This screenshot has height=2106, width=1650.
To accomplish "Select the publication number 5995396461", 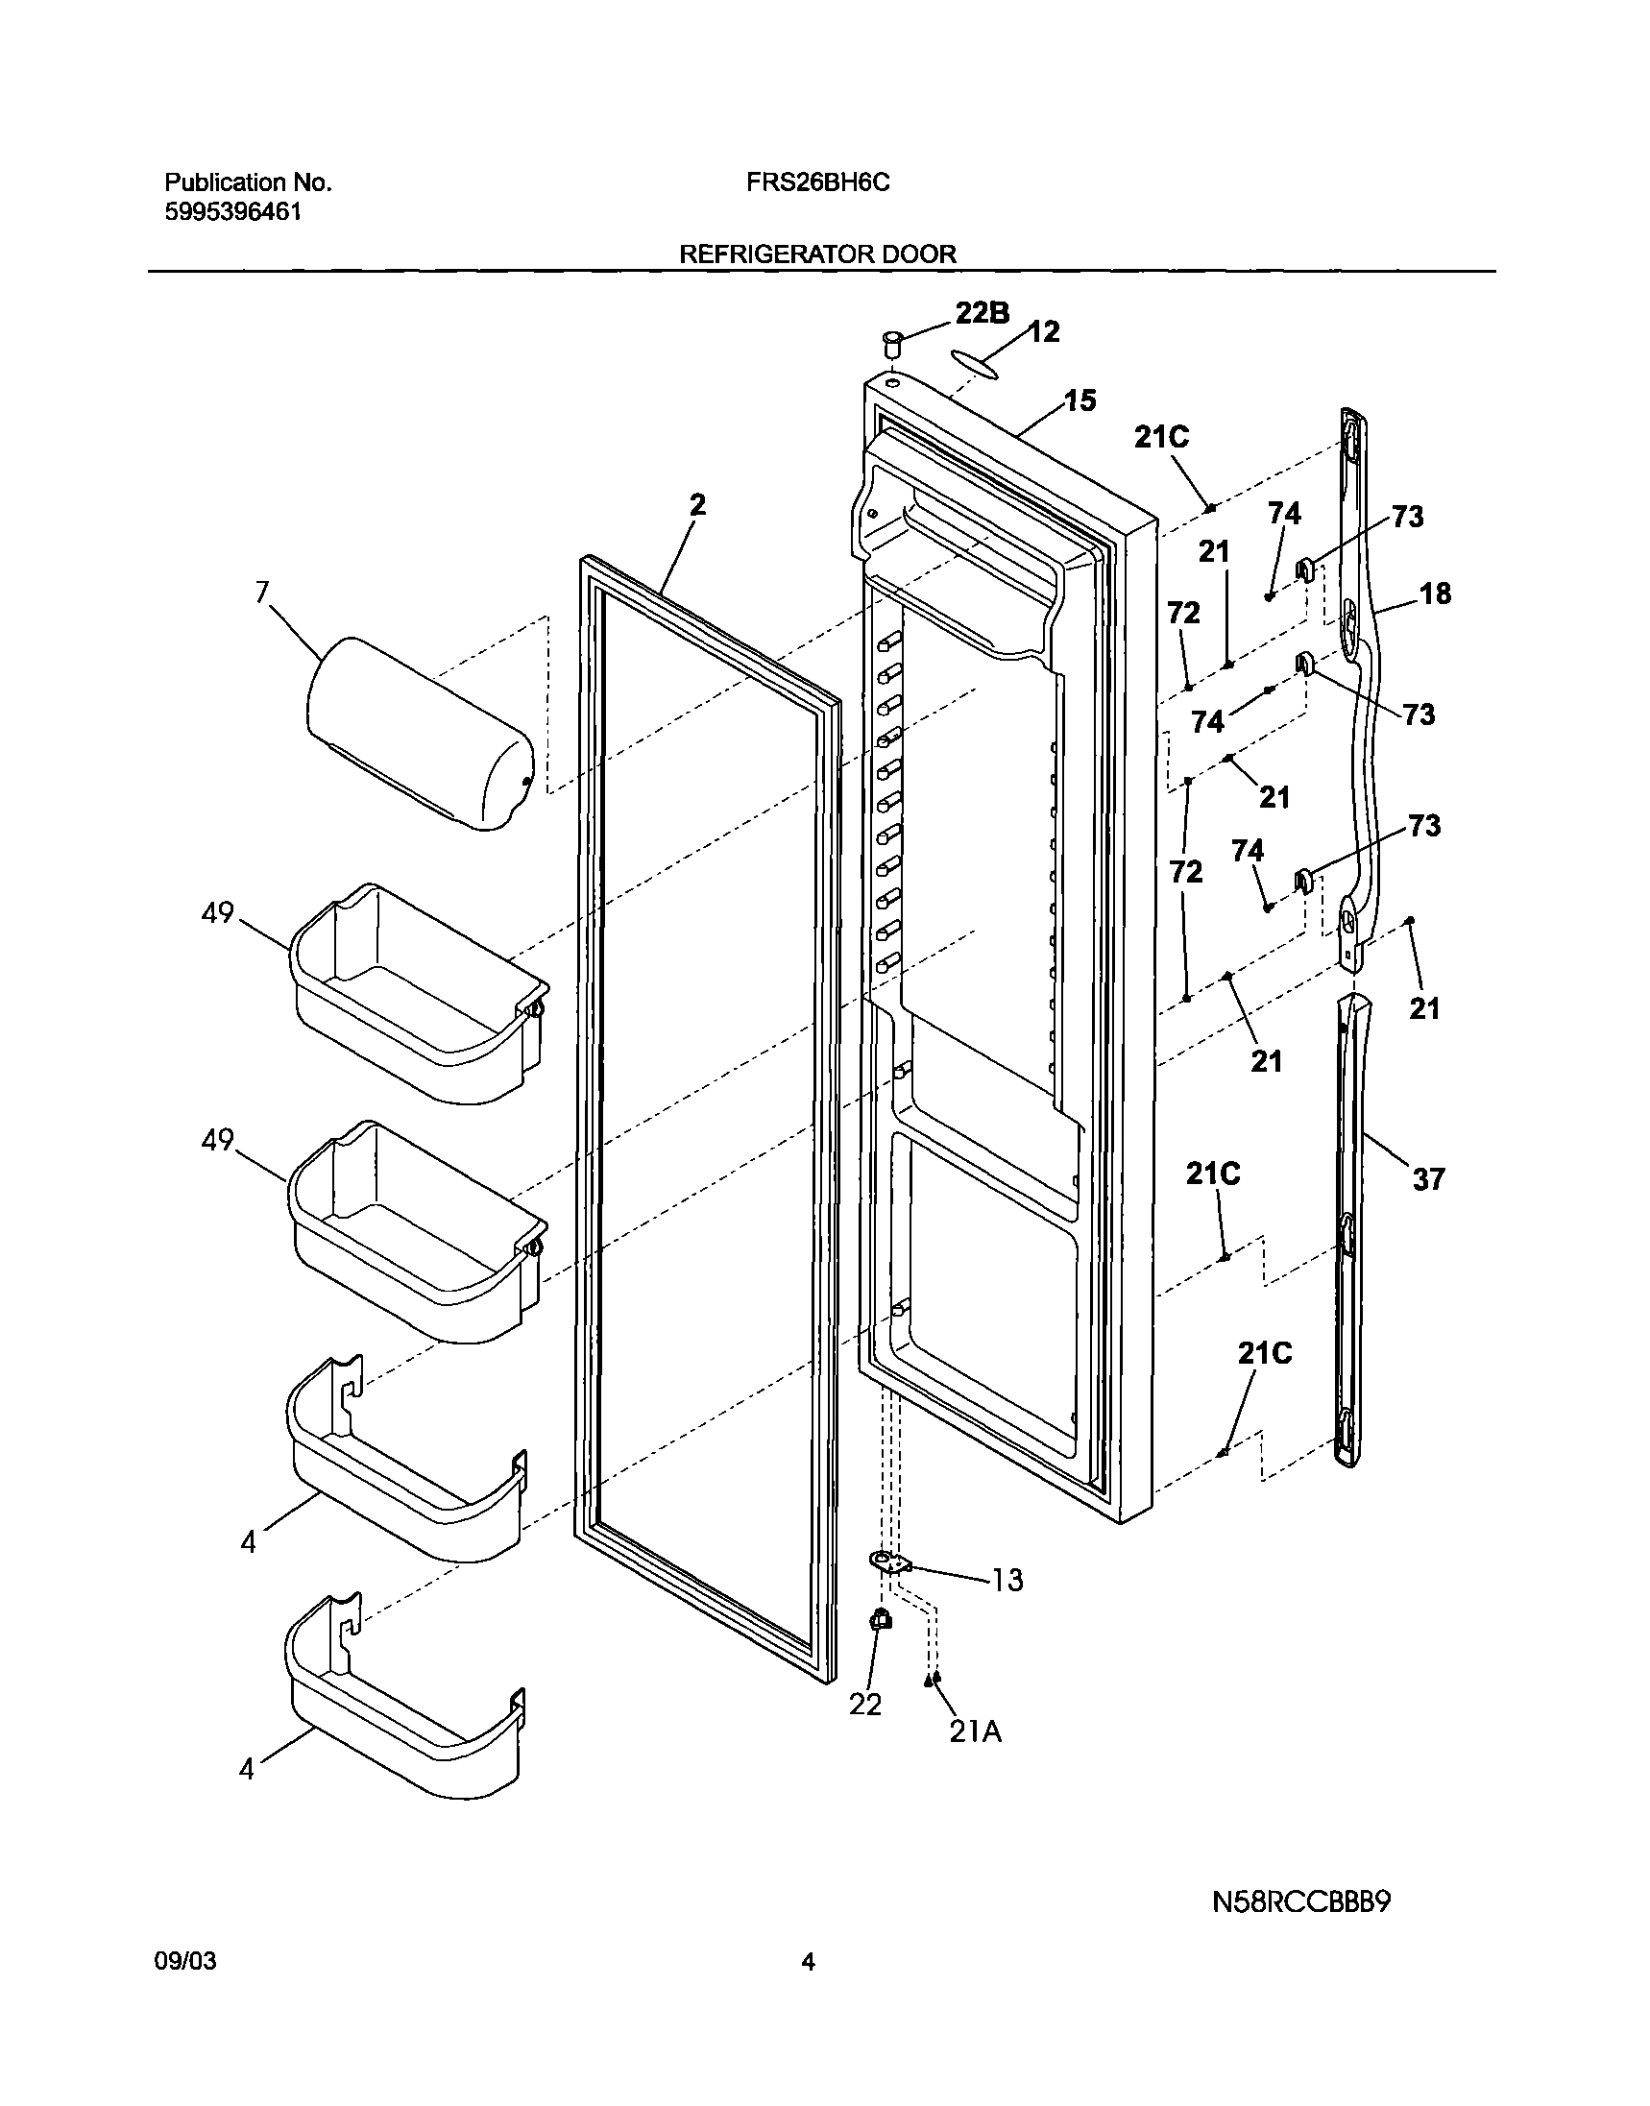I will [232, 211].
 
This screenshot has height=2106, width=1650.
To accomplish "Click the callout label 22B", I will [983, 313].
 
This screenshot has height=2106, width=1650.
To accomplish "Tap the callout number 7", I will [262, 593].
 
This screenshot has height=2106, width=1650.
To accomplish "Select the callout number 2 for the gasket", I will [697, 505].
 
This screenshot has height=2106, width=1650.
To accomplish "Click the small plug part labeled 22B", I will [890, 343].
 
